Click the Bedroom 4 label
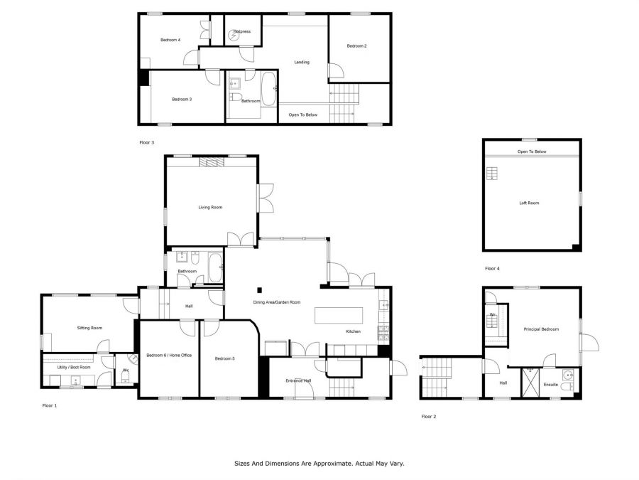[170, 40]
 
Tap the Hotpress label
[242, 31]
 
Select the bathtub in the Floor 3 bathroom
[268, 89]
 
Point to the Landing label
[302, 62]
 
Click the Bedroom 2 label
[356, 46]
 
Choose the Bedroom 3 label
[182, 99]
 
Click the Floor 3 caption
[147, 142]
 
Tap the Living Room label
[210, 208]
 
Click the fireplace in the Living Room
[212, 162]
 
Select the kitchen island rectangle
[339, 316]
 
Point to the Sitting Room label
[89, 328]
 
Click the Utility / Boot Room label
[74, 368]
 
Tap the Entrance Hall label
[298, 381]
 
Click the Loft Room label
[529, 203]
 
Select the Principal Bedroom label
[541, 329]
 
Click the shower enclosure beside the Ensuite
[530, 383]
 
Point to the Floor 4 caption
[492, 269]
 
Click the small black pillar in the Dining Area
[259, 290]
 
